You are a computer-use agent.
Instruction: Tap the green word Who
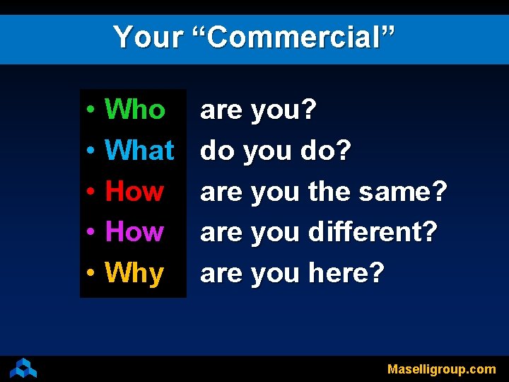tap(134, 110)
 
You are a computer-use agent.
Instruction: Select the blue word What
tap(139, 150)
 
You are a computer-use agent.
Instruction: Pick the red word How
tap(134, 191)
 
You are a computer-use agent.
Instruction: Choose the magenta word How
tap(134, 231)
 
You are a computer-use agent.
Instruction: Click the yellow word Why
tap(134, 273)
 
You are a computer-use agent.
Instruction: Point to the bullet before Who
tap(92, 111)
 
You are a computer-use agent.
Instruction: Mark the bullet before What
tap(92, 151)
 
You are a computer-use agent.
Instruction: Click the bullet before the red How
tap(92, 192)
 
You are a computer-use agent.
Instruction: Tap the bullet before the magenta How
tap(92, 233)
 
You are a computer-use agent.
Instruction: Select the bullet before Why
tap(92, 274)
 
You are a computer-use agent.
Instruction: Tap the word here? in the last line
tap(346, 272)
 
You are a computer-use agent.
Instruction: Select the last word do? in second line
tap(326, 150)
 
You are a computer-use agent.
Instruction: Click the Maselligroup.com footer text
tap(441, 369)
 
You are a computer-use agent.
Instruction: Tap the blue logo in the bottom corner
tap(23, 368)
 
